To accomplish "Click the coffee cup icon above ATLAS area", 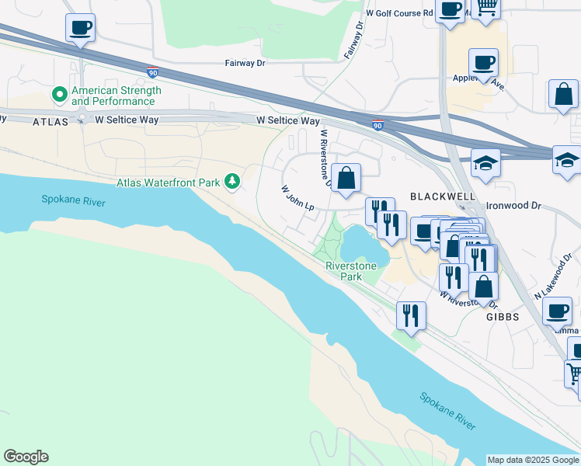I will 80,29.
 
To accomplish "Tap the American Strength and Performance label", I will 116,96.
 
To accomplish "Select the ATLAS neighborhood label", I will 52,122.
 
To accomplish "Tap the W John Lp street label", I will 297,198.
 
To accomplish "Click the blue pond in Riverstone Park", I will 362,245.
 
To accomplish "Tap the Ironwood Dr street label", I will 513,206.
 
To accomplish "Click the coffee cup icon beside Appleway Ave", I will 483,62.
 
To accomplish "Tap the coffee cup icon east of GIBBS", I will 556,311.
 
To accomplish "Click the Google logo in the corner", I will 26,457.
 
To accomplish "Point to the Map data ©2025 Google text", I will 533,460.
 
